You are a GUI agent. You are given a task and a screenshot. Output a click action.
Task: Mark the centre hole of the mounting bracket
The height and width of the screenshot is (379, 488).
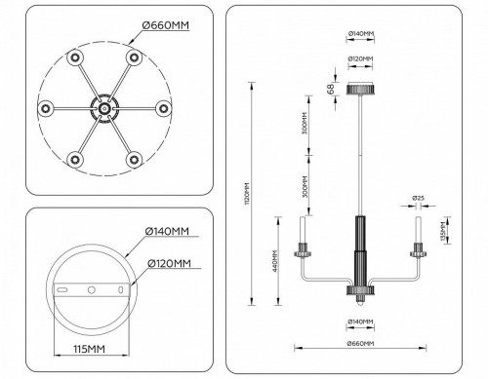click(92, 289)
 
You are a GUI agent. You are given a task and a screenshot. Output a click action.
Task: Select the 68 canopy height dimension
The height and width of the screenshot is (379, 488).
click(333, 90)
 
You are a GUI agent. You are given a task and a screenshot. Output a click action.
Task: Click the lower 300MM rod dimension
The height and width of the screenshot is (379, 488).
click(307, 184)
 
